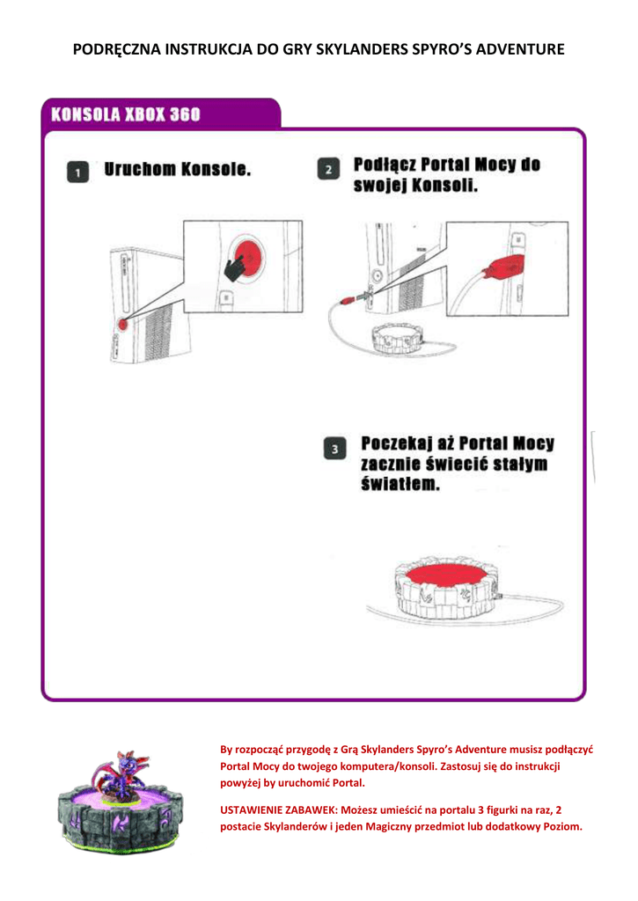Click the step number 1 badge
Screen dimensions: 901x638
(x=77, y=172)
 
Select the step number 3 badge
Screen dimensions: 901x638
(x=334, y=449)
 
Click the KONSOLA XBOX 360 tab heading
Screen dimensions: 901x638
(x=125, y=115)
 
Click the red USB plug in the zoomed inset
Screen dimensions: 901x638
(x=504, y=266)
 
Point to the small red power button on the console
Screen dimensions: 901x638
(x=121, y=324)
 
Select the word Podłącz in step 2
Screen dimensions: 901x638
(x=383, y=165)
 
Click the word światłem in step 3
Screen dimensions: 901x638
(x=400, y=486)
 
